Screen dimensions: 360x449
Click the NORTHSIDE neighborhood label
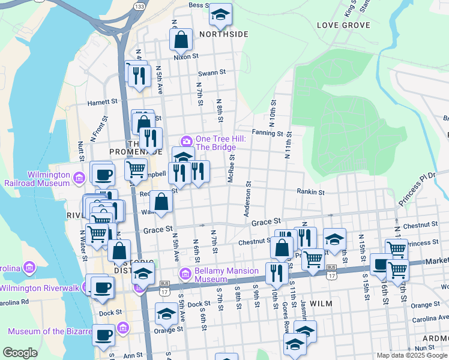click(223, 34)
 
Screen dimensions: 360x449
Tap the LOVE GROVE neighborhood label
click(340, 25)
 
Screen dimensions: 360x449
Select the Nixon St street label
click(186, 56)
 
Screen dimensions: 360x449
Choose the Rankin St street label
click(310, 193)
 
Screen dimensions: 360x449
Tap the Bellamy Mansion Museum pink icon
click(185, 274)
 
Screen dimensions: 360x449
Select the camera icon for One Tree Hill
click(187, 142)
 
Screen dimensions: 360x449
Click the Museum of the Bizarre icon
click(123, 328)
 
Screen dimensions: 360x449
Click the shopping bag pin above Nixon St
click(181, 40)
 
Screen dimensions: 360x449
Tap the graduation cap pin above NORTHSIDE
click(220, 16)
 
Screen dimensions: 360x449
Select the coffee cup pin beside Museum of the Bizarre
click(103, 335)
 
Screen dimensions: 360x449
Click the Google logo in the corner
click(20, 353)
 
